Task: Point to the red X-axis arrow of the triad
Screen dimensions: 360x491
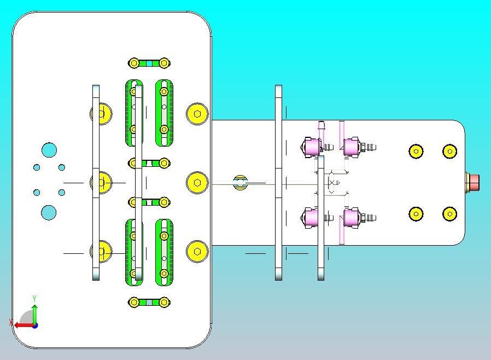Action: [x=22, y=325]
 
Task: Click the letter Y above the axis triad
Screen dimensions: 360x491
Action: [x=34, y=298]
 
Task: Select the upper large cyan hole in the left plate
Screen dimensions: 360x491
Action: [x=49, y=150]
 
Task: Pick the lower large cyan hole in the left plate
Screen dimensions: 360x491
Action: [x=49, y=212]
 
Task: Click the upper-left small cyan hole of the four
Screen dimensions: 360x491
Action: [x=37, y=167]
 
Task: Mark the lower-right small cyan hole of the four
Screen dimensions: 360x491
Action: [x=62, y=193]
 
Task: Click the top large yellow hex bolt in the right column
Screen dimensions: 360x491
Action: [x=197, y=114]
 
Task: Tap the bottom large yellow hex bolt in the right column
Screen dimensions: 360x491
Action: [x=197, y=252]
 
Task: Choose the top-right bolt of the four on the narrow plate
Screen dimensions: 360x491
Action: [x=449, y=151]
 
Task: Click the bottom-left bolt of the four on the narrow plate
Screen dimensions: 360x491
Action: [x=416, y=214]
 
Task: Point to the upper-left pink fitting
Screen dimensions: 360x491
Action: [x=312, y=147]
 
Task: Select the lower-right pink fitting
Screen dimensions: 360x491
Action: [x=352, y=218]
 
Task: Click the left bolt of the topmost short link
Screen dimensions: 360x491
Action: [x=134, y=63]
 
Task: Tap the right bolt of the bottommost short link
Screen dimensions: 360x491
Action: [x=163, y=302]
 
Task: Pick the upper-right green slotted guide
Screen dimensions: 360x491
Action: [x=164, y=113]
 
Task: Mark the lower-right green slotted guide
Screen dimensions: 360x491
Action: [x=164, y=252]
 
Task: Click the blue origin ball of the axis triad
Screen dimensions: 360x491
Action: [x=34, y=325]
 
